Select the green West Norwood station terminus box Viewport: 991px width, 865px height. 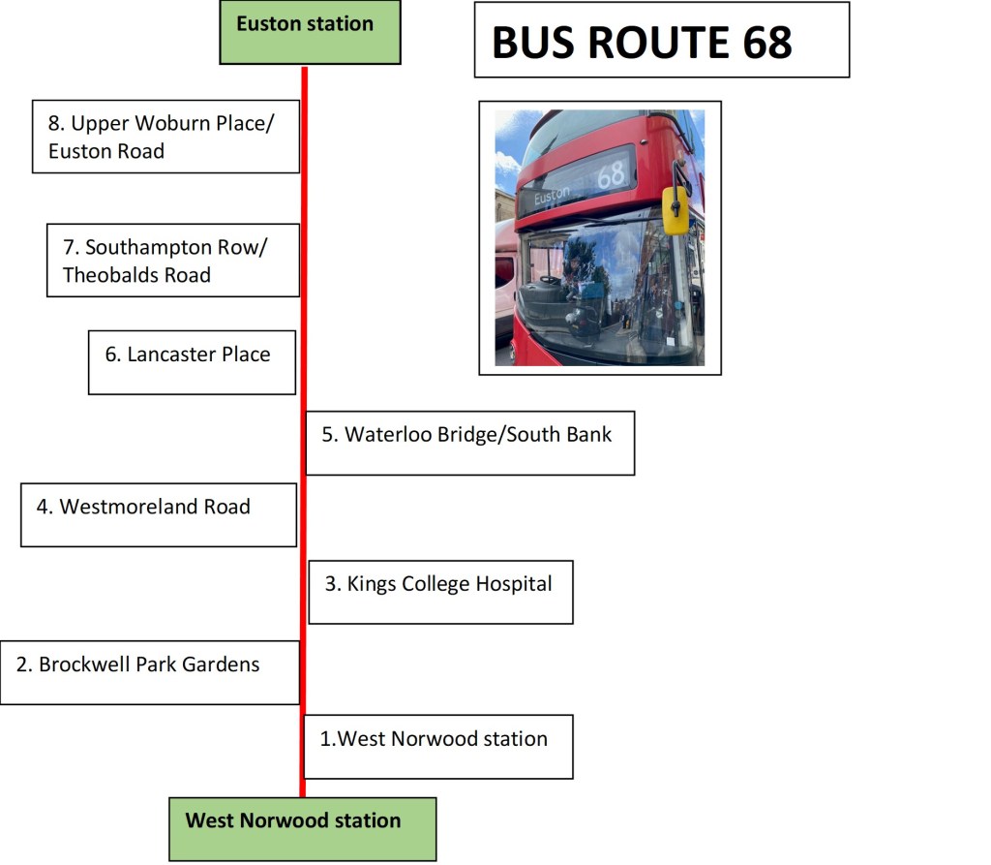(302, 827)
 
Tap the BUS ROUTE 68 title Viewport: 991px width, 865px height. (642, 42)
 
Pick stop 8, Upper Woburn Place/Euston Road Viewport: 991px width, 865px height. (165, 137)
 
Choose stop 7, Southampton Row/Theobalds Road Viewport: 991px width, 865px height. (172, 261)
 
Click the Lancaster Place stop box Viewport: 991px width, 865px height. (192, 361)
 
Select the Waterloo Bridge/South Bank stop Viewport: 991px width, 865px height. (469, 442)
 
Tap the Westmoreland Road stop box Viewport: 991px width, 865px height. (158, 513)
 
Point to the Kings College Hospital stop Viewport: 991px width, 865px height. (440, 591)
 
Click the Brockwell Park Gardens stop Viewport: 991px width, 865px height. (149, 671)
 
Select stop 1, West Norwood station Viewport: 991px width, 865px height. (437, 746)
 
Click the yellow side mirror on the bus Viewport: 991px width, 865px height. (675, 209)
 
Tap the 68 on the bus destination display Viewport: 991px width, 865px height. (611, 175)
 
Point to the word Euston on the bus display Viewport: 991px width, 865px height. (553, 196)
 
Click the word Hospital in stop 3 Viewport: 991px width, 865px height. (514, 584)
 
